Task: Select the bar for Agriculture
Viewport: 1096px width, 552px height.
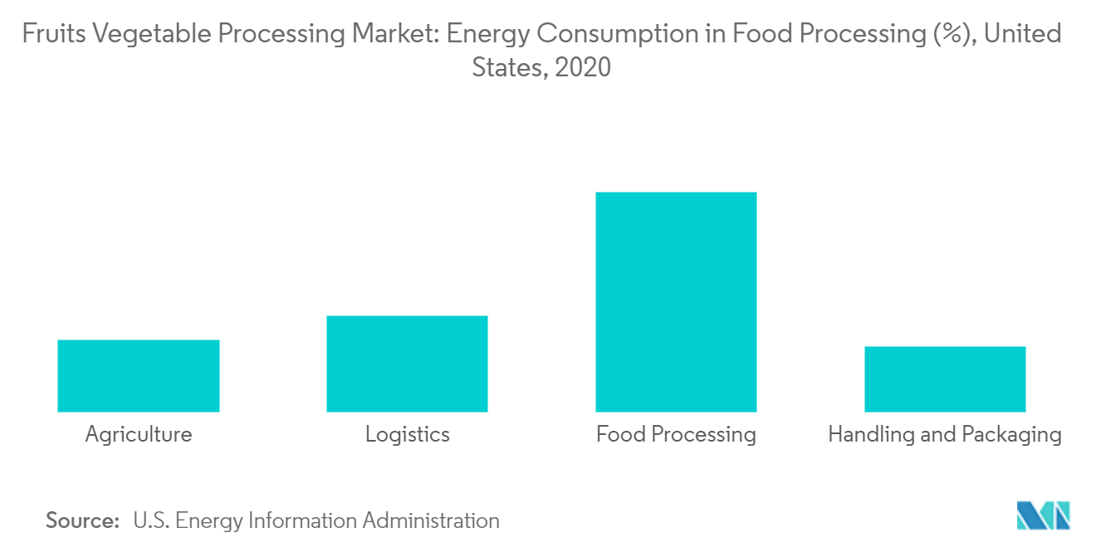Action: click(x=139, y=375)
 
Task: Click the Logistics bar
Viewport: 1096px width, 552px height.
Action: click(x=407, y=364)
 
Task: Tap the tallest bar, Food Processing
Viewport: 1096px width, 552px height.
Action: click(x=676, y=302)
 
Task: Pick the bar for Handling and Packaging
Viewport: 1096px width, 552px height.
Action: click(x=945, y=379)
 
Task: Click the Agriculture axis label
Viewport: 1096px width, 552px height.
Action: click(x=139, y=434)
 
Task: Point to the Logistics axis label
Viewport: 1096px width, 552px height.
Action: click(x=407, y=434)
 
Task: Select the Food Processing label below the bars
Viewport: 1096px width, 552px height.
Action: click(x=676, y=434)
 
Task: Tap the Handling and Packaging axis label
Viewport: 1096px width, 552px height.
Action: click(x=945, y=434)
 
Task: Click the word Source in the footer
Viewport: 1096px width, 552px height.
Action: click(x=82, y=521)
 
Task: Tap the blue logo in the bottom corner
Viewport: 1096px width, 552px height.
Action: click(x=1044, y=515)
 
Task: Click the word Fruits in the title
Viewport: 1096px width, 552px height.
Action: click(x=51, y=35)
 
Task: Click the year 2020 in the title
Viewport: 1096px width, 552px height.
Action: click(x=583, y=67)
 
